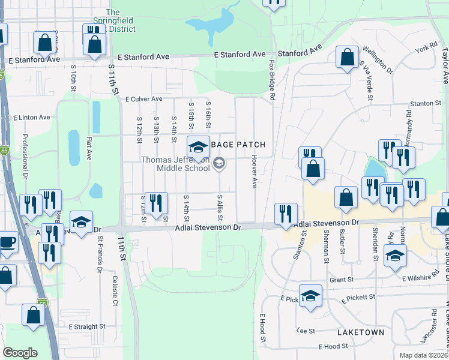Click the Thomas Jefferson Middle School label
click(175, 164)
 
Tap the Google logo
click(20, 353)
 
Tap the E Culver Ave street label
click(144, 99)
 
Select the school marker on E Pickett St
click(310, 295)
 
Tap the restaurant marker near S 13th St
click(156, 203)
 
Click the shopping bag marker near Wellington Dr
click(347, 57)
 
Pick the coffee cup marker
click(7, 243)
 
